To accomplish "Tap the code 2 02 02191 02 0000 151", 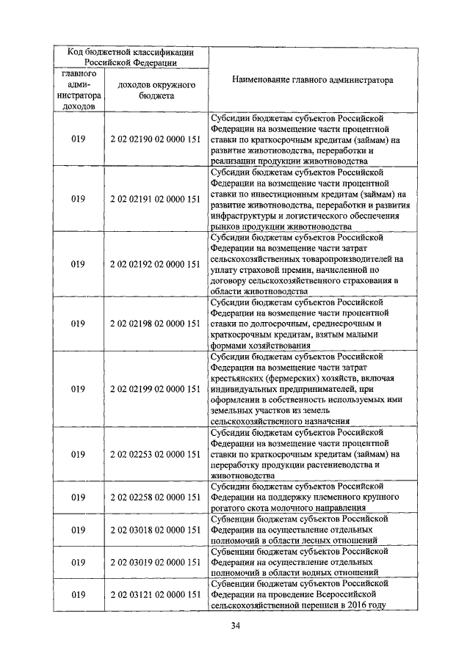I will click(x=155, y=198).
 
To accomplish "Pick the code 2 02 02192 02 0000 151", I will click(x=155, y=263).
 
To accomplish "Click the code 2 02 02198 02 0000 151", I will click(x=155, y=323).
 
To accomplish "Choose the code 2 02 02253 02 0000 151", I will click(x=155, y=454).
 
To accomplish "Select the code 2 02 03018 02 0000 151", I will click(x=155, y=529).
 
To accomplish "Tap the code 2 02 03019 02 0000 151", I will click(x=155, y=562).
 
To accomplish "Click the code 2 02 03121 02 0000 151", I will click(x=155, y=594).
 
